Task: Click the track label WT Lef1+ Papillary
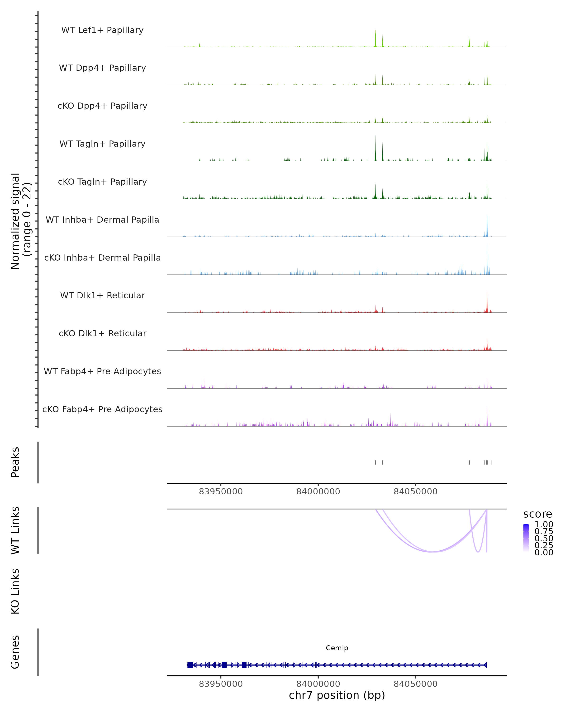(102, 30)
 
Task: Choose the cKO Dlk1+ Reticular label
(102, 333)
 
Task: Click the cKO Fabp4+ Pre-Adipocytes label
(102, 409)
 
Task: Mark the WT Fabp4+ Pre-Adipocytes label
(102, 371)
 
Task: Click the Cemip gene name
(337, 648)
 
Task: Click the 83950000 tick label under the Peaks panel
(221, 492)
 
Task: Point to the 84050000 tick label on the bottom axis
(415, 684)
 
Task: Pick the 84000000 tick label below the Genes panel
(318, 684)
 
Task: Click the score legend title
(537, 514)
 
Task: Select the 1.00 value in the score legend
(544, 525)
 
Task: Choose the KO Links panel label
(15, 591)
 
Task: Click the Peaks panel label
(15, 462)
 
